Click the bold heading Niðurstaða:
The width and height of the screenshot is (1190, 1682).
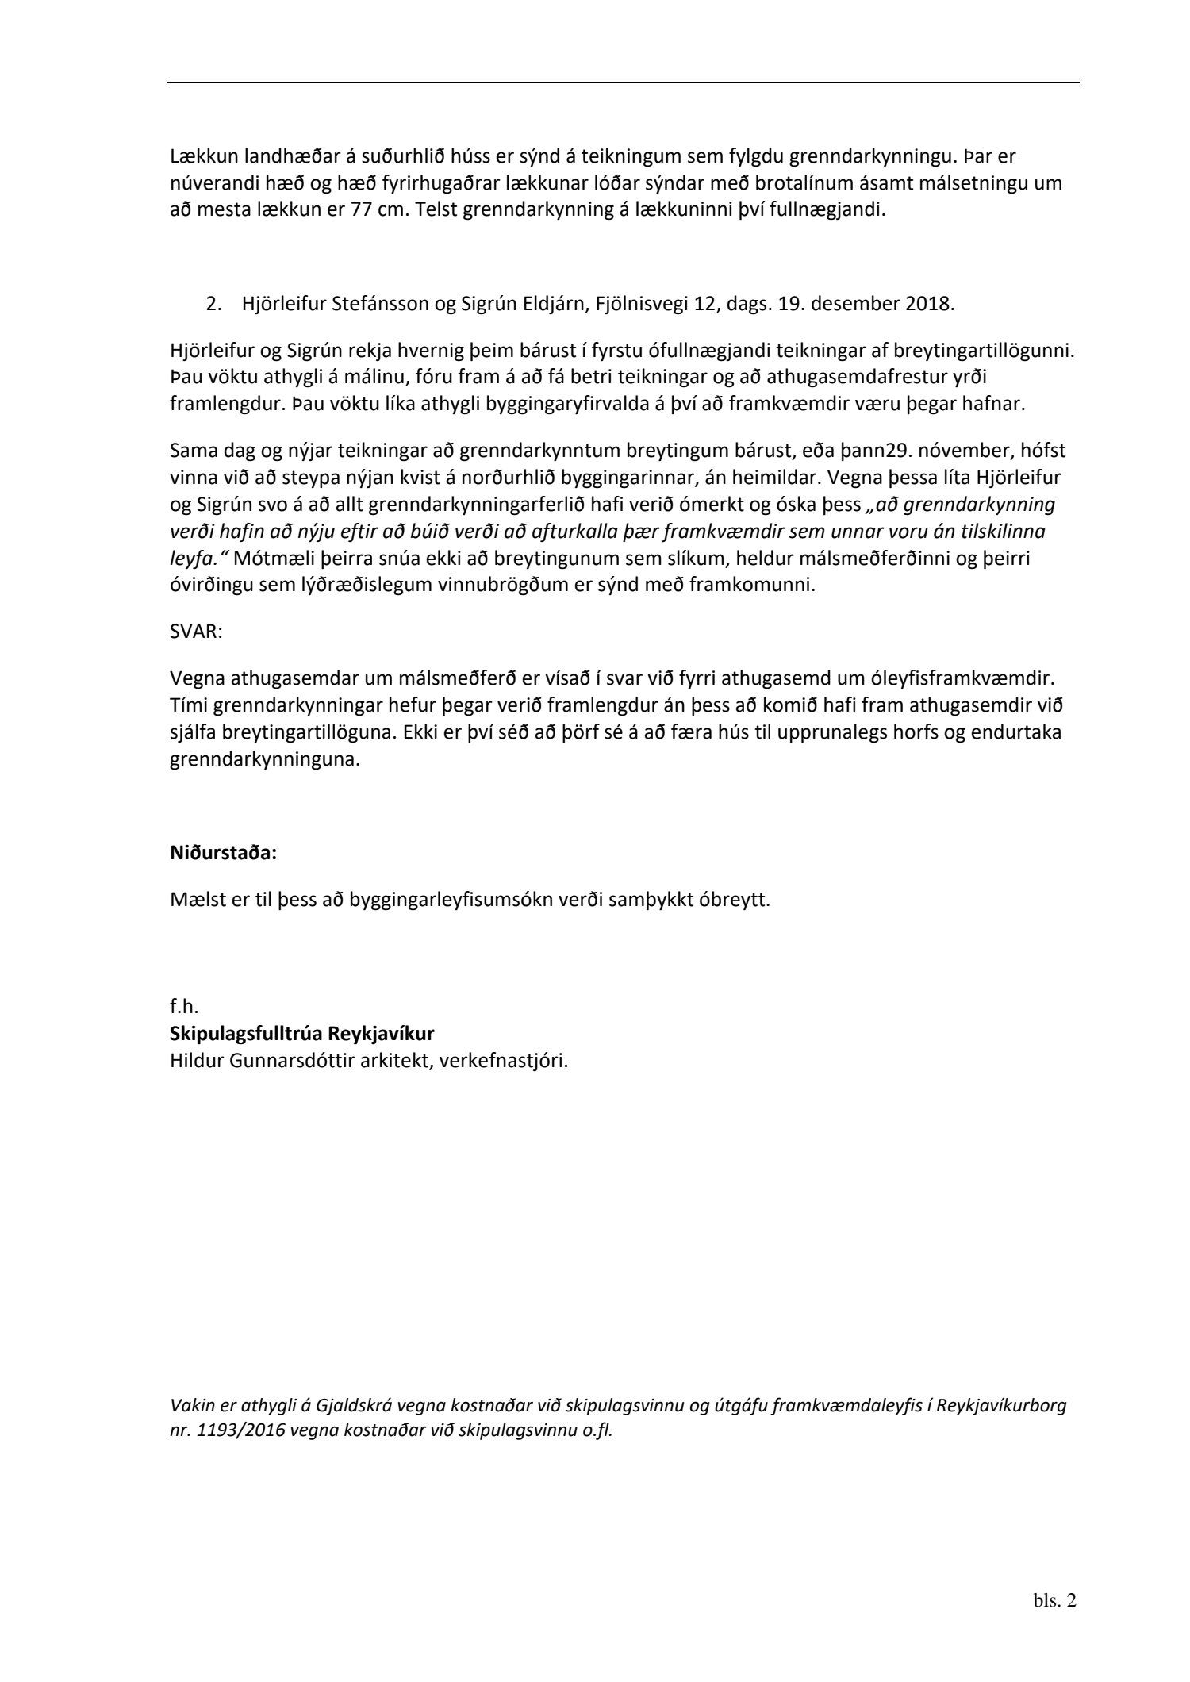pyautogui.click(x=223, y=854)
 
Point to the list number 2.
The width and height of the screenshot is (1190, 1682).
pyautogui.click(x=213, y=304)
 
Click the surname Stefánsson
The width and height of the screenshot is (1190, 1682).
pyautogui.click(x=376, y=304)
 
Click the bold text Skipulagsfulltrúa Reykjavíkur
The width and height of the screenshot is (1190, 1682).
pyautogui.click(x=302, y=1035)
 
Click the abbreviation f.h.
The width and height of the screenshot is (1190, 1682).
pyautogui.click(x=184, y=1008)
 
